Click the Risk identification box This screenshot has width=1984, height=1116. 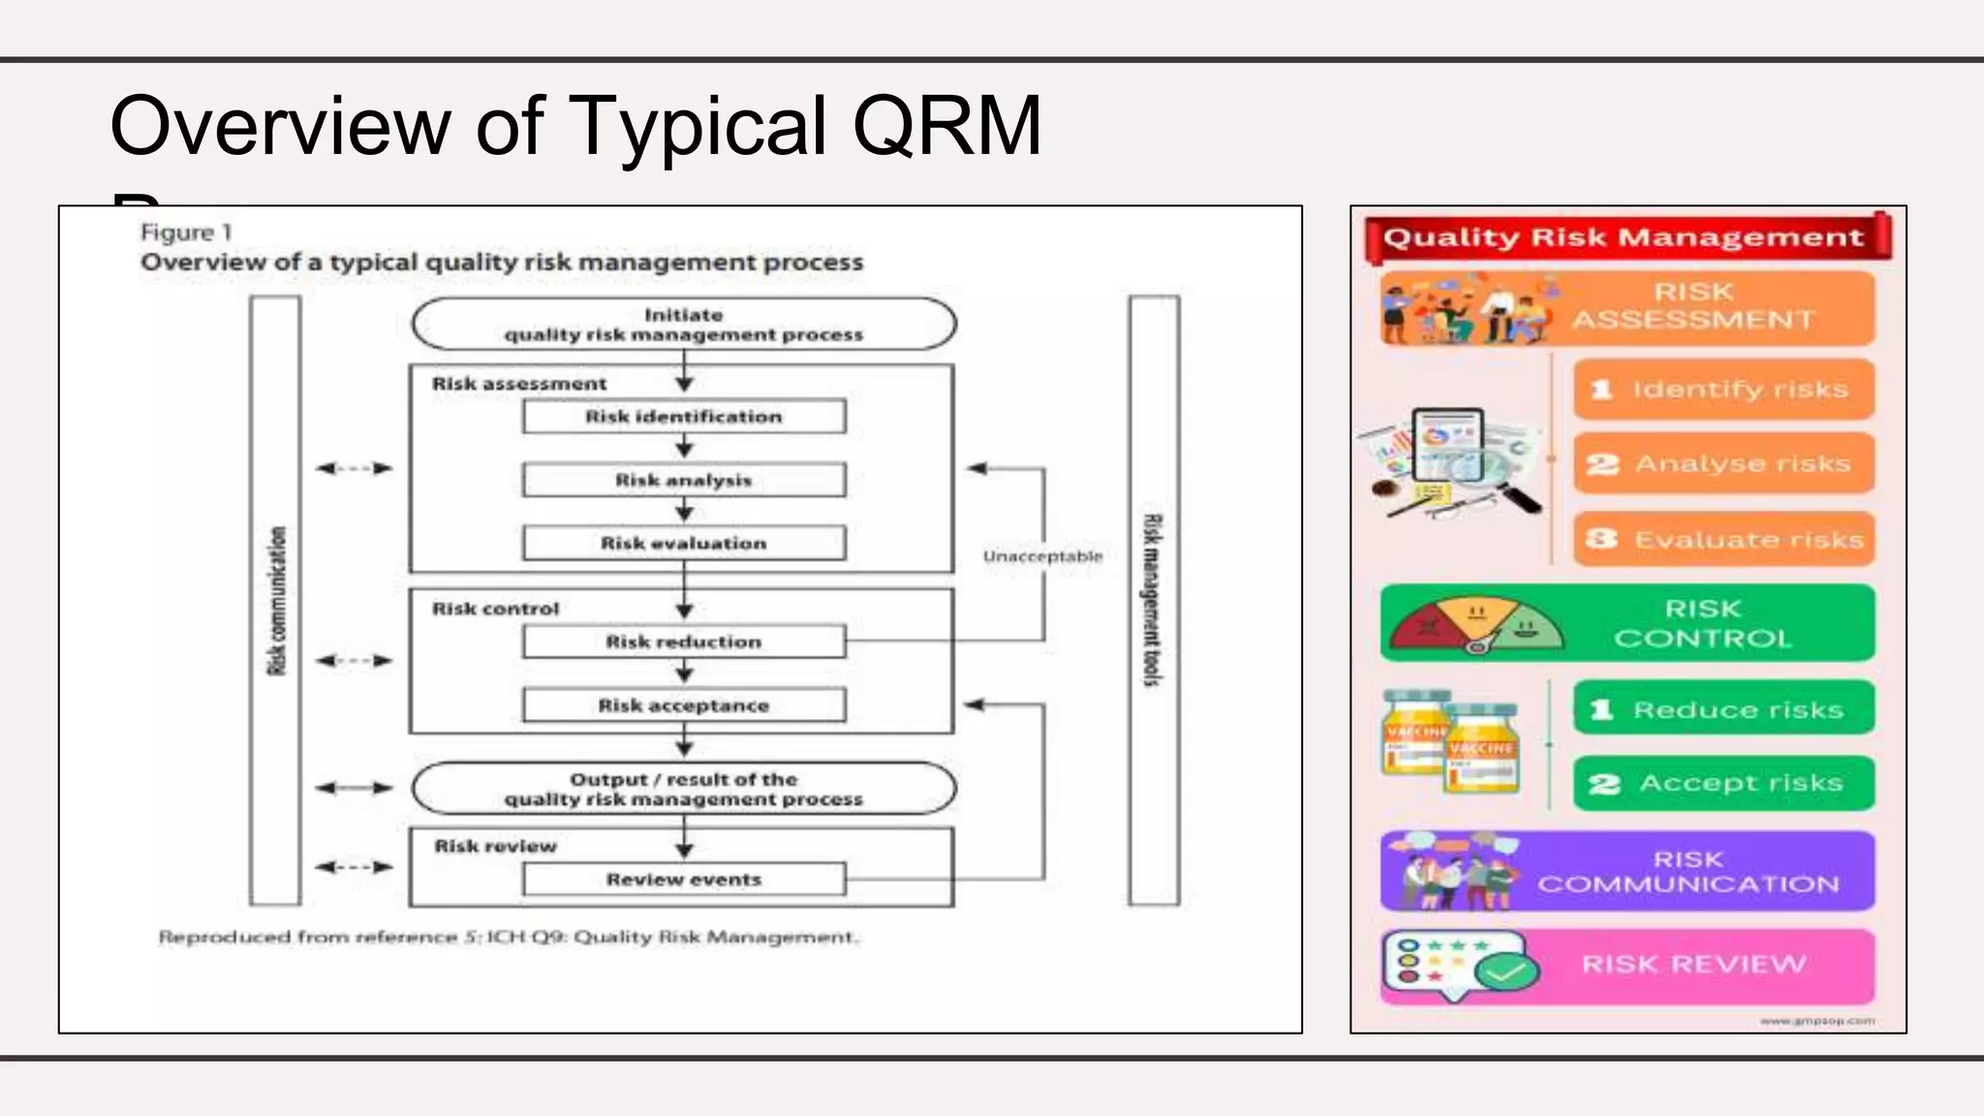684,417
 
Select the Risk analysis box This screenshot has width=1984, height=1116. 684,480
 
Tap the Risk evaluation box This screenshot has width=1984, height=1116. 684,543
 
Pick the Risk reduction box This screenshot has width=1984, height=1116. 684,641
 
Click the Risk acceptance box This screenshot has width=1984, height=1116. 684,705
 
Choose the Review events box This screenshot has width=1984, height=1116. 684,880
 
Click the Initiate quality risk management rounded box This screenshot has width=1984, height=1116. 684,325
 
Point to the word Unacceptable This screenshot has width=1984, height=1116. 1042,556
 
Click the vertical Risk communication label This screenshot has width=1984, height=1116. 277,601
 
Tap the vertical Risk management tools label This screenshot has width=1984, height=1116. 1152,601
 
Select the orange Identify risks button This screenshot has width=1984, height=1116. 1723,389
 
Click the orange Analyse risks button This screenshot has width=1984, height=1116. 1723,464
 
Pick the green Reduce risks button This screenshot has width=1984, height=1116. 1723,709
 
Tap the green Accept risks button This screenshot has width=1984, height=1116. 1723,783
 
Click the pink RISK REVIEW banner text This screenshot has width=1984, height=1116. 1693,964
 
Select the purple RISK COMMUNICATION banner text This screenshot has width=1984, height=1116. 1688,872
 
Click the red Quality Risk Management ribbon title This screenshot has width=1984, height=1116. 1624,237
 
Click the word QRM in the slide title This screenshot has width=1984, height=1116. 945,126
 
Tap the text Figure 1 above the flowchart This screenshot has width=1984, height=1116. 186,232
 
